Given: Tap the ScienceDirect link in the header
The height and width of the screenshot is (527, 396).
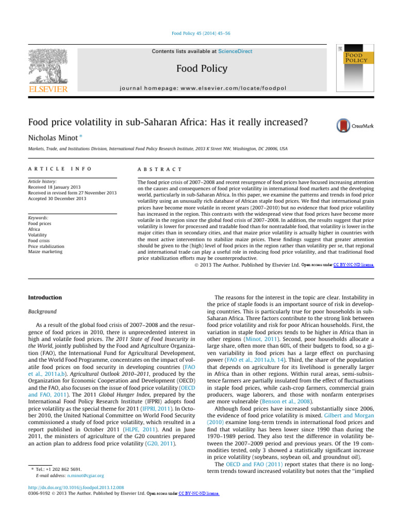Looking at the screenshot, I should [232, 51].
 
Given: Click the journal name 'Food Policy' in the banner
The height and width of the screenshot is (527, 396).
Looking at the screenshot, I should [198, 68].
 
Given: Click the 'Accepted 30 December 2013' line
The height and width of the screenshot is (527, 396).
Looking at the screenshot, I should [57, 199].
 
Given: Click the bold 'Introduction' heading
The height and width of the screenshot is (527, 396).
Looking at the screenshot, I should [45, 297].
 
